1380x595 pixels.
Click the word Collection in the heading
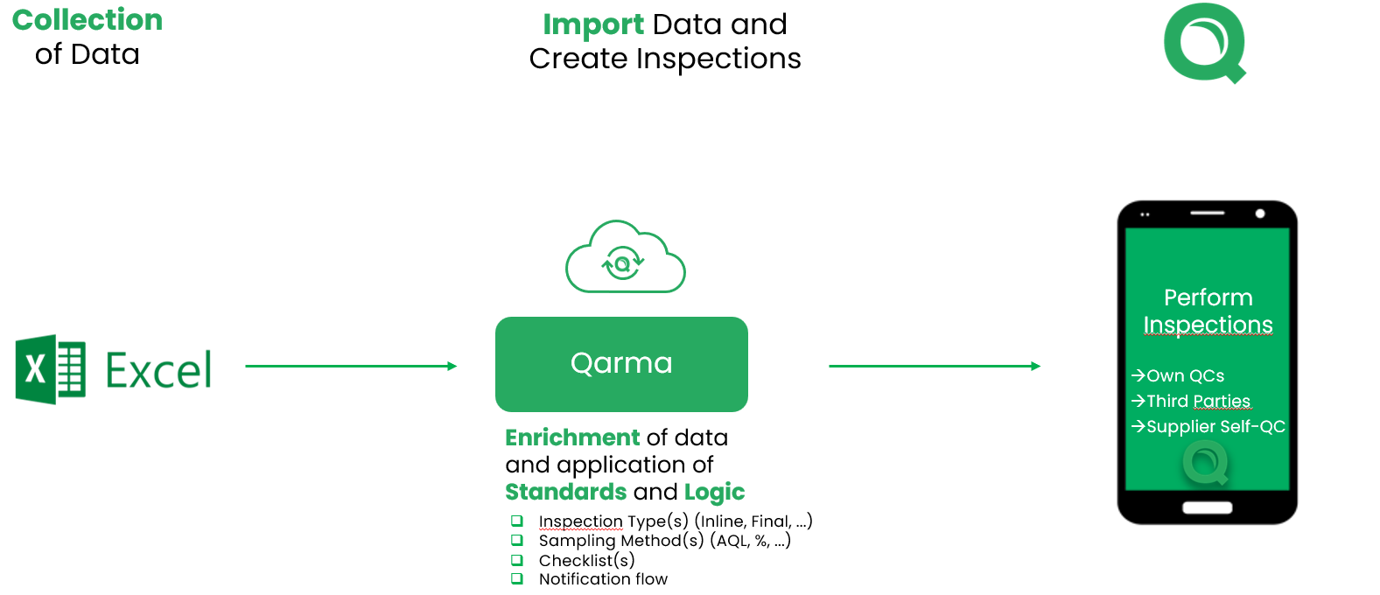(88, 20)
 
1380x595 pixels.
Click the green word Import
(592, 24)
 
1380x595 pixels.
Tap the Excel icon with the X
(50, 369)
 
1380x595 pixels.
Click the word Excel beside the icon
(158, 370)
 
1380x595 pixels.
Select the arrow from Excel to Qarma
(351, 366)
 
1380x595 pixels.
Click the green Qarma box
(621, 364)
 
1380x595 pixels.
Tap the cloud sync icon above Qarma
(624, 259)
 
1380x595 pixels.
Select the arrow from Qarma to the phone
(934, 366)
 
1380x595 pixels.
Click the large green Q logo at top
(1204, 43)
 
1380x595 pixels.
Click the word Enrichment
(572, 437)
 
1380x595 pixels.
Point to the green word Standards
(565, 492)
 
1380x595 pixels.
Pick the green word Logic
(714, 492)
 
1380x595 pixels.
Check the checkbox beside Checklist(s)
(517, 560)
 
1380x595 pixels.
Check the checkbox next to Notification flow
(517, 578)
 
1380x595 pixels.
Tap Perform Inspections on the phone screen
(1208, 311)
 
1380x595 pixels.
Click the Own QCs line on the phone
(1179, 375)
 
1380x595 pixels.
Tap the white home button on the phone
(1207, 507)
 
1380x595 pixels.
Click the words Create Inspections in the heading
(665, 59)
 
